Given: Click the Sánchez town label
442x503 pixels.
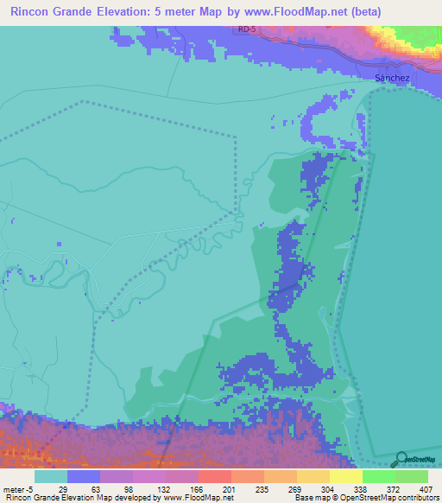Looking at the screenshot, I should click(x=391, y=78).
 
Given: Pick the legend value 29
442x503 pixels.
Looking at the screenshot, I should click(x=62, y=488).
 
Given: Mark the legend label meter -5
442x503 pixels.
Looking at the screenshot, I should click(x=18, y=488).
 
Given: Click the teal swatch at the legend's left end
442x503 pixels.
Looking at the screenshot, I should click(x=50, y=476).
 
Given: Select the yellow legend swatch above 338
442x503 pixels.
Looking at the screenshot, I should click(x=345, y=476).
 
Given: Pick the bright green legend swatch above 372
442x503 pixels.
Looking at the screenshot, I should click(x=378, y=476).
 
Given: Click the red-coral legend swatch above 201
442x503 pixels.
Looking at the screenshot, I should click(x=214, y=476).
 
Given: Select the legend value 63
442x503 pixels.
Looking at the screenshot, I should click(x=95, y=488).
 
